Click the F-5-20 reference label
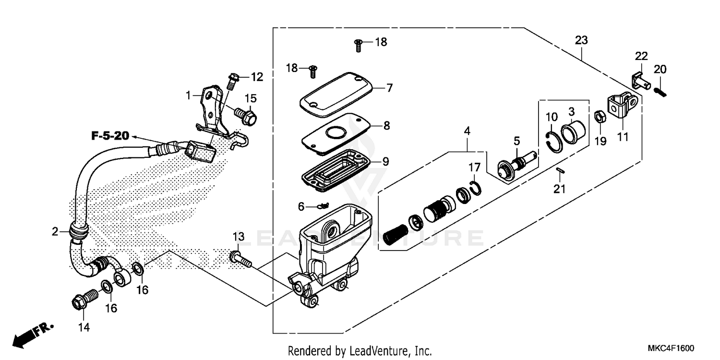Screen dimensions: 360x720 pyautogui.click(x=110, y=136)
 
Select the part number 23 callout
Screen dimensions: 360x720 pyautogui.click(x=581, y=41)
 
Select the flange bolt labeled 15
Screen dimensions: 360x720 pyautogui.click(x=245, y=115)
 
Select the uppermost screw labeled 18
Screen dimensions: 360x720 pyautogui.click(x=358, y=46)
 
